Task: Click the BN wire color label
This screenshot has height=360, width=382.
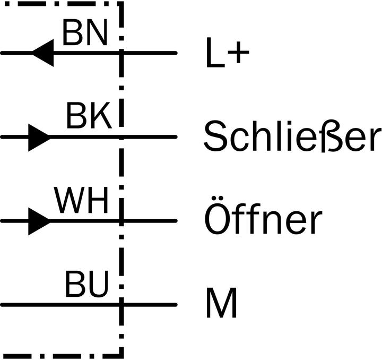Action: (85, 34)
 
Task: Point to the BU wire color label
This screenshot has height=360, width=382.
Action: (86, 285)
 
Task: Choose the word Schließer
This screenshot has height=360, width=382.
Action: (292, 136)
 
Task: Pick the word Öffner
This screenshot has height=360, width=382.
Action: (263, 218)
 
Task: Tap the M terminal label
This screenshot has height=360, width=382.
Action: (221, 304)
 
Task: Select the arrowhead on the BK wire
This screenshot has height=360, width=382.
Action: (39, 137)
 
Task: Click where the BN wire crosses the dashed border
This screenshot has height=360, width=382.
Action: (121, 53)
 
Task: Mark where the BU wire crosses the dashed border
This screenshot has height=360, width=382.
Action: (121, 305)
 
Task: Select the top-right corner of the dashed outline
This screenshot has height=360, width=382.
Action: (121, 3)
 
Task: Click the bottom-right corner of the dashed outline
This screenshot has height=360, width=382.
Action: (121, 355)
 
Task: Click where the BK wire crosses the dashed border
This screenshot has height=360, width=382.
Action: (121, 137)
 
